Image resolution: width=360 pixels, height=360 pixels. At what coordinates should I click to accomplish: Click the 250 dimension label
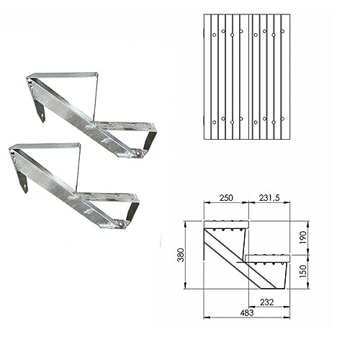point(226,197)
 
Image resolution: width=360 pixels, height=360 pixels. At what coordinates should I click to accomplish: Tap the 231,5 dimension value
point(269,197)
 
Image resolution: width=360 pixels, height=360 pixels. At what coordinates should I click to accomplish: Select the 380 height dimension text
point(181,255)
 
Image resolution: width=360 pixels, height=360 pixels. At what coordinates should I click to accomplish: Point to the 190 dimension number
point(303,238)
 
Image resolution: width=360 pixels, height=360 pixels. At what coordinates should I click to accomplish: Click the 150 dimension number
point(303,271)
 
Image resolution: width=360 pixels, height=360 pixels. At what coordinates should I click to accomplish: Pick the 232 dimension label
point(266,302)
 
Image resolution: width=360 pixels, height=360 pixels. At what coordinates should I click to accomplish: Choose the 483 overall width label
point(247,312)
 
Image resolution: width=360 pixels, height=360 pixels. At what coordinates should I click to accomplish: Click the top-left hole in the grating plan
point(215,35)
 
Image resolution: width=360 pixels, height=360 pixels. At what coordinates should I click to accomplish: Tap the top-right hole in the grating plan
point(282,31)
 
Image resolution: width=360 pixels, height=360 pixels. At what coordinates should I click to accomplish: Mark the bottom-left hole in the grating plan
point(215,122)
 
